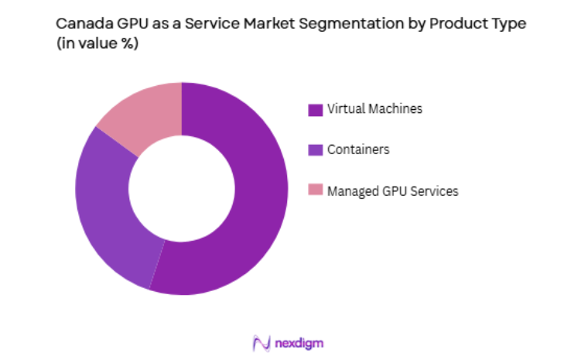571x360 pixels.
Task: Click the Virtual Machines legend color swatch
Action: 315,110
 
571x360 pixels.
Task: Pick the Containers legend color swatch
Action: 315,150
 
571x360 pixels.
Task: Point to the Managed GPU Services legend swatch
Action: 315,190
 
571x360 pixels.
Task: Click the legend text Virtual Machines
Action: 374,109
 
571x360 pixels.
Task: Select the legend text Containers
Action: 358,149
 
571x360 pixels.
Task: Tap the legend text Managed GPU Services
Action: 392,190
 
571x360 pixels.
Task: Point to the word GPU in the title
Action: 128,24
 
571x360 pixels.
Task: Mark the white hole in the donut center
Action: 182,189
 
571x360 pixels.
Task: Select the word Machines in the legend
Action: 395,109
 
